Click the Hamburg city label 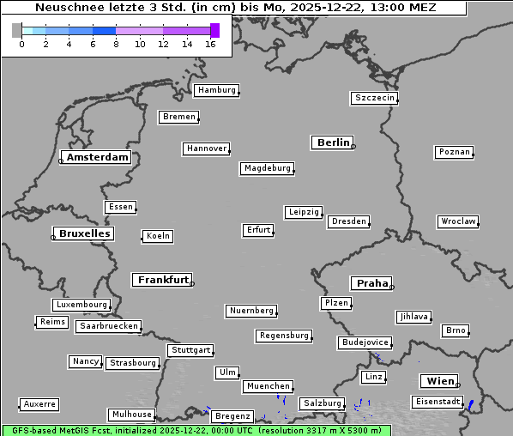click(215, 90)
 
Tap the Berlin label click(333, 142)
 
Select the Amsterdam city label click(97, 157)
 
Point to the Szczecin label click(375, 98)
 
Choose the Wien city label click(439, 381)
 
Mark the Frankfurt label click(163, 280)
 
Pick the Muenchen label click(268, 387)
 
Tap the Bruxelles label click(84, 233)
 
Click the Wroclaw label click(457, 221)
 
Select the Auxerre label click(39, 404)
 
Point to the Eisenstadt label click(436, 402)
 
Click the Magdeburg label click(267, 168)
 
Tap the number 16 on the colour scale click(210, 44)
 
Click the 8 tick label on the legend click(116, 44)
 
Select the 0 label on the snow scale click(21, 44)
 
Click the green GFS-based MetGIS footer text click(196, 430)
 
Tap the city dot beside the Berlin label click(353, 147)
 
